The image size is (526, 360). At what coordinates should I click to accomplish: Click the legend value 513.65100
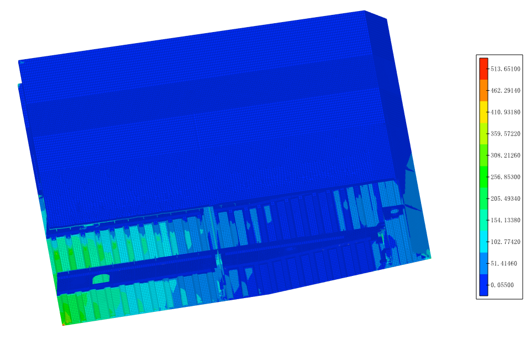[x=505, y=69]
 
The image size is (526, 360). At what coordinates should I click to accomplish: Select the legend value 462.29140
[x=505, y=90]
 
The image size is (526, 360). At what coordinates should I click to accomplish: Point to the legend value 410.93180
[x=505, y=112]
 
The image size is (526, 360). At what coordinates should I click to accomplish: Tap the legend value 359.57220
[x=505, y=134]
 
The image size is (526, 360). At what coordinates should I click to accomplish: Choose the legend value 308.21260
[x=505, y=155]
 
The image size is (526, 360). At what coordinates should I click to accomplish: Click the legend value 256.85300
[x=505, y=177]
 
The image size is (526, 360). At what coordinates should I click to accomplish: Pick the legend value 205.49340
[x=505, y=199]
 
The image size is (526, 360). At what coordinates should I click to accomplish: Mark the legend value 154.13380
[x=505, y=220]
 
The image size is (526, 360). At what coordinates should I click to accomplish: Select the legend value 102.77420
[x=505, y=242]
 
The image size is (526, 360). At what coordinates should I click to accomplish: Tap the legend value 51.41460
[x=503, y=264]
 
